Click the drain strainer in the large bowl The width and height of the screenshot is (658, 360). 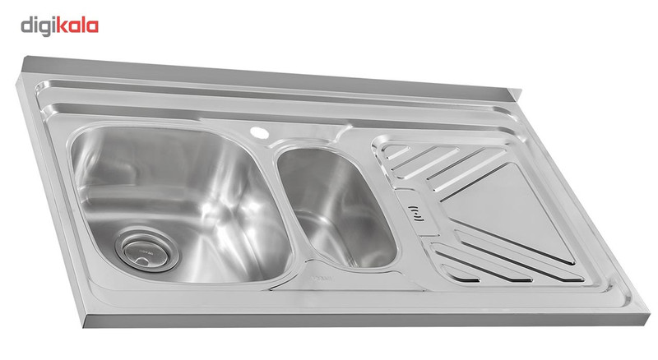(x=146, y=250)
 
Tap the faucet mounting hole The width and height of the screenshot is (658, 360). (x=259, y=132)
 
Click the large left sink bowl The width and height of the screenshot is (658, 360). (x=180, y=202)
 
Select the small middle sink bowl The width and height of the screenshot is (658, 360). (x=336, y=206)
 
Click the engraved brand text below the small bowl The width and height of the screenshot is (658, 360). (x=322, y=278)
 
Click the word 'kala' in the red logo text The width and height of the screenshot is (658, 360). (x=76, y=26)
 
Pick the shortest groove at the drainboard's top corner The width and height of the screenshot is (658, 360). (x=397, y=152)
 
